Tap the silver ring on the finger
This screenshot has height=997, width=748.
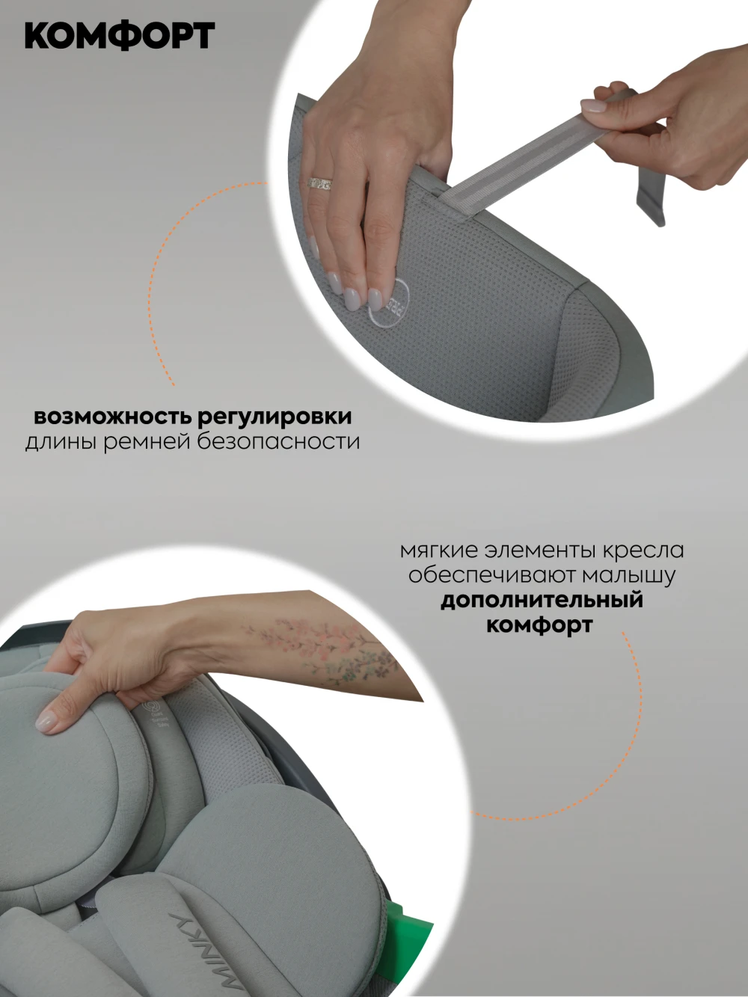[x=319, y=184]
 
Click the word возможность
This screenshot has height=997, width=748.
[x=111, y=417]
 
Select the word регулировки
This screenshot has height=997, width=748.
[x=275, y=417]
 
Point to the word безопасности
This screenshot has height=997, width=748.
[x=279, y=442]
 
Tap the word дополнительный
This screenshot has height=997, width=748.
[x=542, y=600]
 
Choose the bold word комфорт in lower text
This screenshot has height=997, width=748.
[x=539, y=625]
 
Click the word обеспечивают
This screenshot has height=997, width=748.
[x=493, y=575]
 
